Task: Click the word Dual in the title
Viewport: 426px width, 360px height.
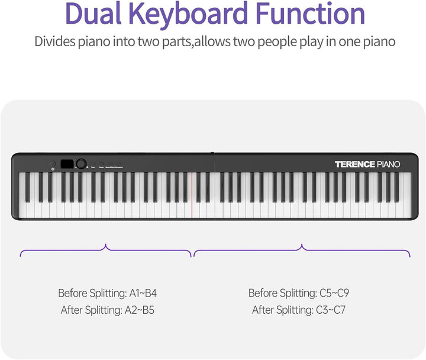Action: tap(98, 14)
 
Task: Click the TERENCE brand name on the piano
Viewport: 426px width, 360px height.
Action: tap(355, 164)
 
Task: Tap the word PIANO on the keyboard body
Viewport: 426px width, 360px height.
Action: tap(389, 164)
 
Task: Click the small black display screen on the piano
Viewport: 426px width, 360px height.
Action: tap(67, 164)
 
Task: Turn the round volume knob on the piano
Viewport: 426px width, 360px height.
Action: tap(81, 164)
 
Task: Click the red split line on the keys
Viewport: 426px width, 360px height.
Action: tap(192, 195)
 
